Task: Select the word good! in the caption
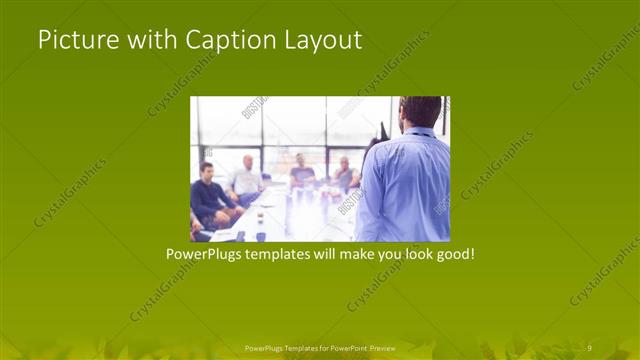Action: pyautogui.click(x=453, y=255)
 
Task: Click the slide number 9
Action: pyautogui.click(x=589, y=347)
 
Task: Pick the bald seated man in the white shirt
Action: pyautogui.click(x=245, y=180)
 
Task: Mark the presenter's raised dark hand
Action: pyautogui.click(x=383, y=131)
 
